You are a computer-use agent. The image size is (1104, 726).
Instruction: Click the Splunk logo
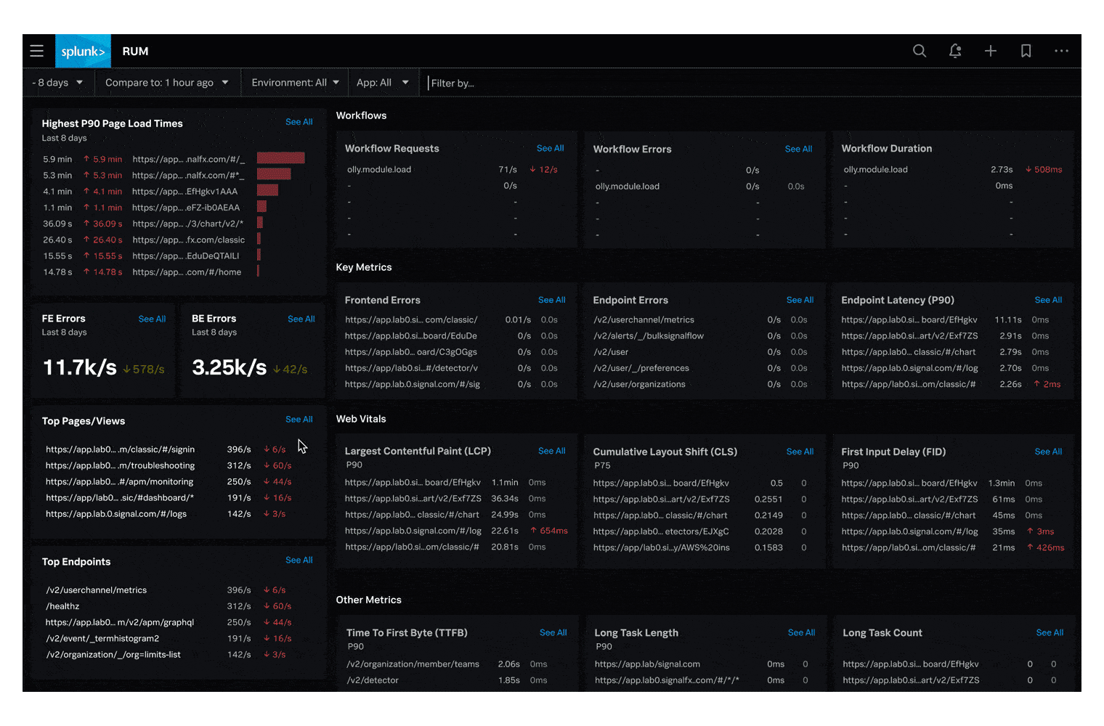coord(83,52)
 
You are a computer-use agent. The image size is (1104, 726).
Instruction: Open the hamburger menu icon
coord(37,51)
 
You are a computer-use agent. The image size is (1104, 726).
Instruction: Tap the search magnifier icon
coord(920,51)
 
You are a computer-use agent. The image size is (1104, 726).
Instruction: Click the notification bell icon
coord(955,51)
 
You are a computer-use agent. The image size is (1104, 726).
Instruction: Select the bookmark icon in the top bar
coord(1026,51)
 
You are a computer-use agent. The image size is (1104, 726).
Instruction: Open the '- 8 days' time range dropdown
coord(57,83)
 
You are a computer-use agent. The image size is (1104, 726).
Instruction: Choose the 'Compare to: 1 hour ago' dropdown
coord(166,83)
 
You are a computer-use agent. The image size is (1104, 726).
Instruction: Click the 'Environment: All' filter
coord(295,83)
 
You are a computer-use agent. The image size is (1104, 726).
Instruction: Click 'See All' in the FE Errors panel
coord(152,319)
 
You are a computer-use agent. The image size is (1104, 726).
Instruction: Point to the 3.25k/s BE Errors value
coord(229,367)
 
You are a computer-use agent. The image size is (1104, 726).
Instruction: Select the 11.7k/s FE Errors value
coord(79,367)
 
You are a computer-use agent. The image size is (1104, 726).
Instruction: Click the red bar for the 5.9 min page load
coord(280,158)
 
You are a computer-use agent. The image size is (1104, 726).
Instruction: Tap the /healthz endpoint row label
coord(62,606)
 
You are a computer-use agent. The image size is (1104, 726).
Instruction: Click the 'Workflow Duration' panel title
coord(886,148)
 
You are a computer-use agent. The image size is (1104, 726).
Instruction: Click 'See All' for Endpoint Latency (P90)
coord(1048,300)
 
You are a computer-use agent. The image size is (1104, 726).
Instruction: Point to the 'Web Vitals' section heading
coord(361,419)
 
